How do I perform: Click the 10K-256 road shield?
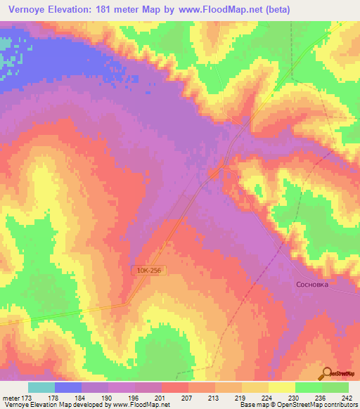click(148, 270)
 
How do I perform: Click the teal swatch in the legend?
click(41, 387)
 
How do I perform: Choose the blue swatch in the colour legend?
click(68, 387)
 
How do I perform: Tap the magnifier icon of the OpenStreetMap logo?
click(327, 373)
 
